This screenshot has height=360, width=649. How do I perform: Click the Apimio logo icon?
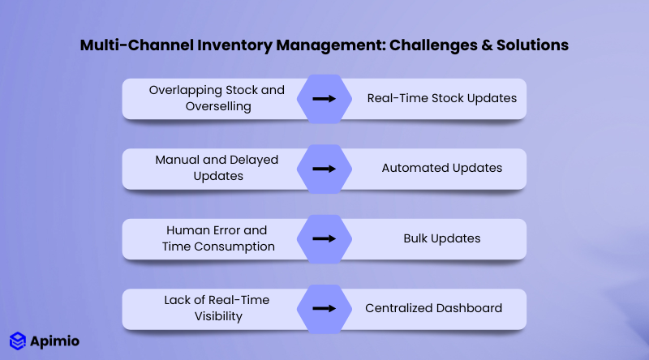[18, 341]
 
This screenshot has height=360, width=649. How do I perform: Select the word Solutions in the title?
[531, 45]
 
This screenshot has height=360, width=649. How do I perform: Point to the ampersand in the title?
[480, 45]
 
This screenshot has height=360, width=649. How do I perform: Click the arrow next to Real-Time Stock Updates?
[324, 99]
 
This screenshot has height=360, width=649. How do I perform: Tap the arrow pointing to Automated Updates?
[324, 169]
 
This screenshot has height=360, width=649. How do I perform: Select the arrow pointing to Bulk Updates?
[324, 239]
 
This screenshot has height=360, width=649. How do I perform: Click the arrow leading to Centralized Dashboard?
[324, 309]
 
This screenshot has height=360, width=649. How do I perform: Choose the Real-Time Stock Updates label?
[441, 99]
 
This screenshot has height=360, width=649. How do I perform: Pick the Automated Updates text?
[441, 169]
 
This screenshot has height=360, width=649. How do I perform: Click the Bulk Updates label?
[441, 239]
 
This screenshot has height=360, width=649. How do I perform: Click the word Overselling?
[217, 106]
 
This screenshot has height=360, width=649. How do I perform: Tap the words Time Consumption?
[217, 246]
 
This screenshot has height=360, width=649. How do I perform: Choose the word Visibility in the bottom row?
[217, 316]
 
